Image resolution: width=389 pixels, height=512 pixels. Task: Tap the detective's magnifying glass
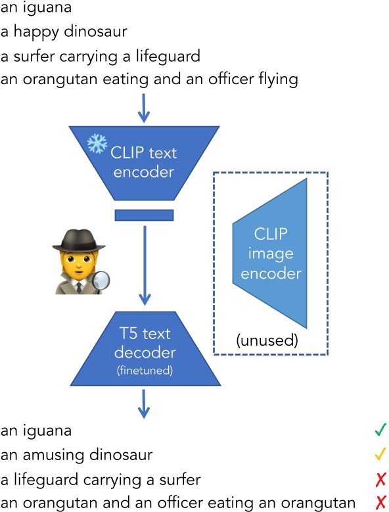(x=100, y=281)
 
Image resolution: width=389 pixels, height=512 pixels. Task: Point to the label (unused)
(x=267, y=341)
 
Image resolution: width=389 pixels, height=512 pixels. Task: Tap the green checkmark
(x=379, y=430)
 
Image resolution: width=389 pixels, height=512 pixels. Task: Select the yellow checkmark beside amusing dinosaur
(x=379, y=454)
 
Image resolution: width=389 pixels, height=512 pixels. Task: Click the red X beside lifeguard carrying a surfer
(x=380, y=478)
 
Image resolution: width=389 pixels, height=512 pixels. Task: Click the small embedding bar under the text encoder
(x=144, y=215)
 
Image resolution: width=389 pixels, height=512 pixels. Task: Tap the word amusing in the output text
(x=42, y=455)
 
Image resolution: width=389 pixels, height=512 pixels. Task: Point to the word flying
(x=280, y=80)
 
